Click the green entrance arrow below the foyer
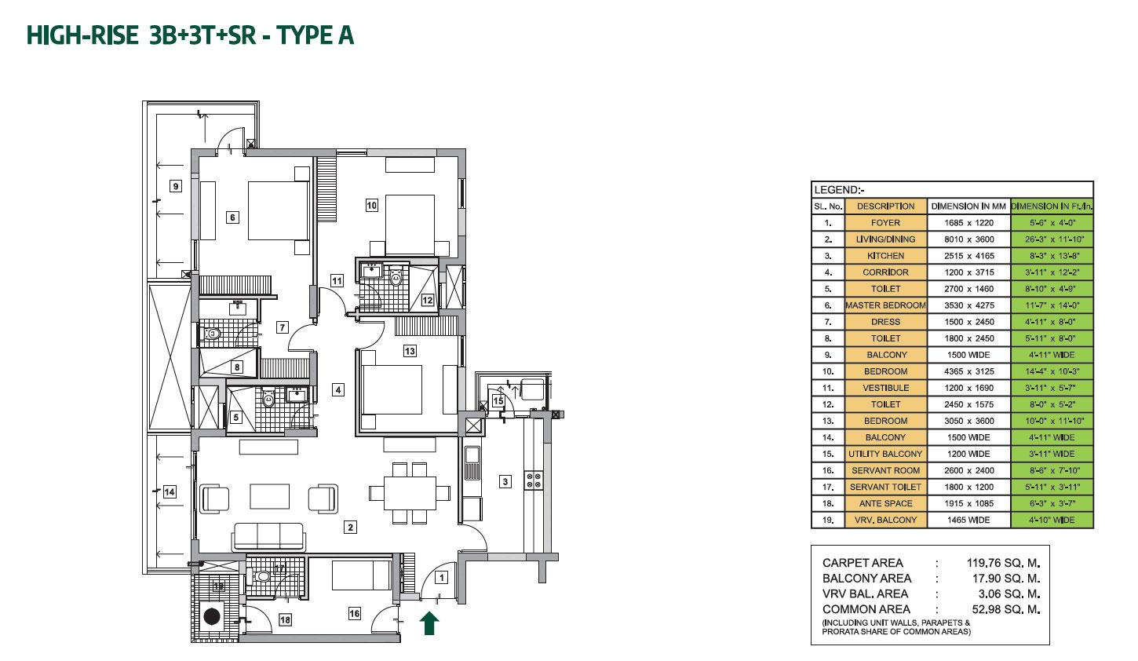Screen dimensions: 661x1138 click(429, 623)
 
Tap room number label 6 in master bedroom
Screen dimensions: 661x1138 click(232, 217)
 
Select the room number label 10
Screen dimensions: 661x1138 click(372, 205)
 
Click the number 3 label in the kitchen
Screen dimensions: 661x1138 click(505, 481)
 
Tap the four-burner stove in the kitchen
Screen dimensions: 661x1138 click(534, 480)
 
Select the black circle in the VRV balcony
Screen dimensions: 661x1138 click(212, 616)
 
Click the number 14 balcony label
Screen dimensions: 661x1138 click(169, 491)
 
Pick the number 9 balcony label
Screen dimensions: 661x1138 click(176, 186)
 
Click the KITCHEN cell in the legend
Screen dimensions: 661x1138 click(885, 256)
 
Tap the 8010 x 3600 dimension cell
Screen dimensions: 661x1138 click(968, 239)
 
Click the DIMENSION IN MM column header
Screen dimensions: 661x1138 click(968, 206)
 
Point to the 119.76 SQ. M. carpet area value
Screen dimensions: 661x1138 click(1003, 563)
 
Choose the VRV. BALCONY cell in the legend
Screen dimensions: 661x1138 click(885, 520)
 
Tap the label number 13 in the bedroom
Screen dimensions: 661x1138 click(410, 351)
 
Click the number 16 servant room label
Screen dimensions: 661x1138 click(355, 613)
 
